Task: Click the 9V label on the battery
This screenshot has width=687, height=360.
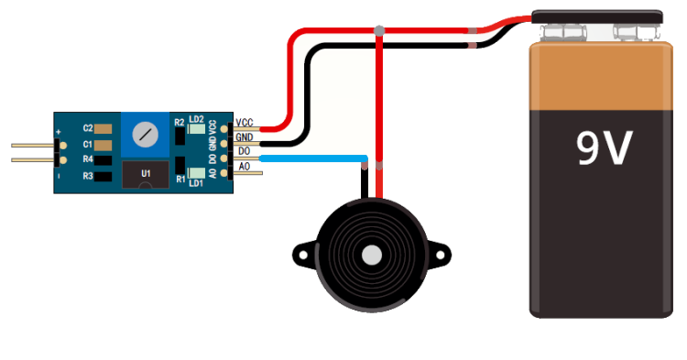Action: tap(604, 148)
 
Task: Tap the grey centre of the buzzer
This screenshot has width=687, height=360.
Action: tap(372, 255)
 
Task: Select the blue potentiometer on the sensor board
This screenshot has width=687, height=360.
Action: tap(145, 135)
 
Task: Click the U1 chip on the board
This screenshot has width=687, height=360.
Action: tap(145, 174)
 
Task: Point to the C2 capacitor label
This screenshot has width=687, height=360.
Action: tap(88, 128)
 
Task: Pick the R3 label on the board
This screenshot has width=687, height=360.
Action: tap(88, 176)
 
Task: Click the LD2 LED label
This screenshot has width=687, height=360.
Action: tap(196, 119)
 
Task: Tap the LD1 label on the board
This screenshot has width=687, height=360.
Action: tap(196, 183)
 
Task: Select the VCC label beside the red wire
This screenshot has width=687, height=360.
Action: tap(245, 123)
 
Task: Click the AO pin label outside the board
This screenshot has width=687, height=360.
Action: tap(244, 167)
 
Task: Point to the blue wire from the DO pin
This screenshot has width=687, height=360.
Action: tap(313, 158)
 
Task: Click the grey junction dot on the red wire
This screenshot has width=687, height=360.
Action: tap(379, 30)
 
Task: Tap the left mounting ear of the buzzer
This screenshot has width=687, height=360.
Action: tap(303, 254)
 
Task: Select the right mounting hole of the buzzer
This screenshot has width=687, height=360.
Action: tap(442, 255)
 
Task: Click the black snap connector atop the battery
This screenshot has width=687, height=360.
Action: tap(596, 17)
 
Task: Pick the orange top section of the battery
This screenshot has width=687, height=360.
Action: tap(601, 76)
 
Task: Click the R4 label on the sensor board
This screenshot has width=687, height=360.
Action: tap(88, 159)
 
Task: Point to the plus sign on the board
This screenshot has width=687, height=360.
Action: tap(59, 131)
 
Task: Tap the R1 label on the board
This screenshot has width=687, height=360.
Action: tap(180, 180)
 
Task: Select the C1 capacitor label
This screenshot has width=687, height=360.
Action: tap(88, 144)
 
